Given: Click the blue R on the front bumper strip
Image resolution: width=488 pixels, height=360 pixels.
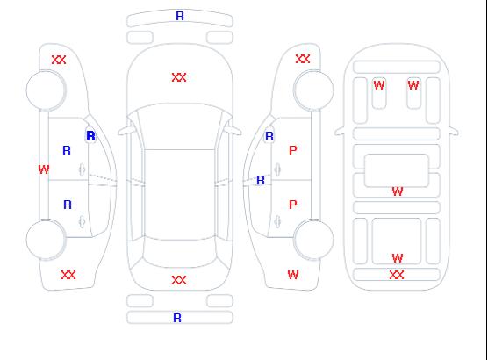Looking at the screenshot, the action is (180, 16).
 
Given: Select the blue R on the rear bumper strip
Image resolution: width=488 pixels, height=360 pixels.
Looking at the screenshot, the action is (177, 318).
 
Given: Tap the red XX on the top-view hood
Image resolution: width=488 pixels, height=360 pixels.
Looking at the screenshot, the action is (179, 77).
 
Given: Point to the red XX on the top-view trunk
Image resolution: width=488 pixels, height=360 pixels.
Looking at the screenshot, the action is (179, 280).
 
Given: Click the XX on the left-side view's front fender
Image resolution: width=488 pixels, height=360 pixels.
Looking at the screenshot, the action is (59, 60).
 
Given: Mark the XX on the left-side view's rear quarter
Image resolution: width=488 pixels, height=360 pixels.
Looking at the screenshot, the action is (68, 275).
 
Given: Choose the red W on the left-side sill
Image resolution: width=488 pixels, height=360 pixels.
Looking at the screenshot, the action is (44, 169).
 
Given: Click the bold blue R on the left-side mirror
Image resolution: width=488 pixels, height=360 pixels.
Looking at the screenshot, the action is (91, 136).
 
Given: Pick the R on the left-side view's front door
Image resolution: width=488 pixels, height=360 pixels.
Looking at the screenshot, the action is (67, 150).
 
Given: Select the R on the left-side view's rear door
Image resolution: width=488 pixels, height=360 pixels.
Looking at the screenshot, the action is (68, 205).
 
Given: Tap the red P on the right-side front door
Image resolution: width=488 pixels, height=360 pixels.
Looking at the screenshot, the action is (293, 150).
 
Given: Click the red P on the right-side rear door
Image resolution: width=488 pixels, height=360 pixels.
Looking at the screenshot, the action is (293, 205).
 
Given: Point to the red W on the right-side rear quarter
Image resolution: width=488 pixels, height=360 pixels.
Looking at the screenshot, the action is (293, 275).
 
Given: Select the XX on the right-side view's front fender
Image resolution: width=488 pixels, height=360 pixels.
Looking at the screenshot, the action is (303, 59).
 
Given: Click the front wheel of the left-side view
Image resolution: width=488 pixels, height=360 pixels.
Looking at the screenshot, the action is (46, 90).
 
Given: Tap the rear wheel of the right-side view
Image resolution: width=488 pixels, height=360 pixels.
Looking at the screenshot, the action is (313, 240).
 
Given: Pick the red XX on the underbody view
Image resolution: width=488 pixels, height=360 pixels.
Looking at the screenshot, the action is (397, 275).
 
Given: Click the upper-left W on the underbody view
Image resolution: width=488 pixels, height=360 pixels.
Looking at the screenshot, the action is (379, 85).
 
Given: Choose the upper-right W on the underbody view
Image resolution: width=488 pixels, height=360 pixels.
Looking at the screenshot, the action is (413, 85).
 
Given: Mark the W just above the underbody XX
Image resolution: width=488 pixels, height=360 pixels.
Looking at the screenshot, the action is (398, 258).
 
